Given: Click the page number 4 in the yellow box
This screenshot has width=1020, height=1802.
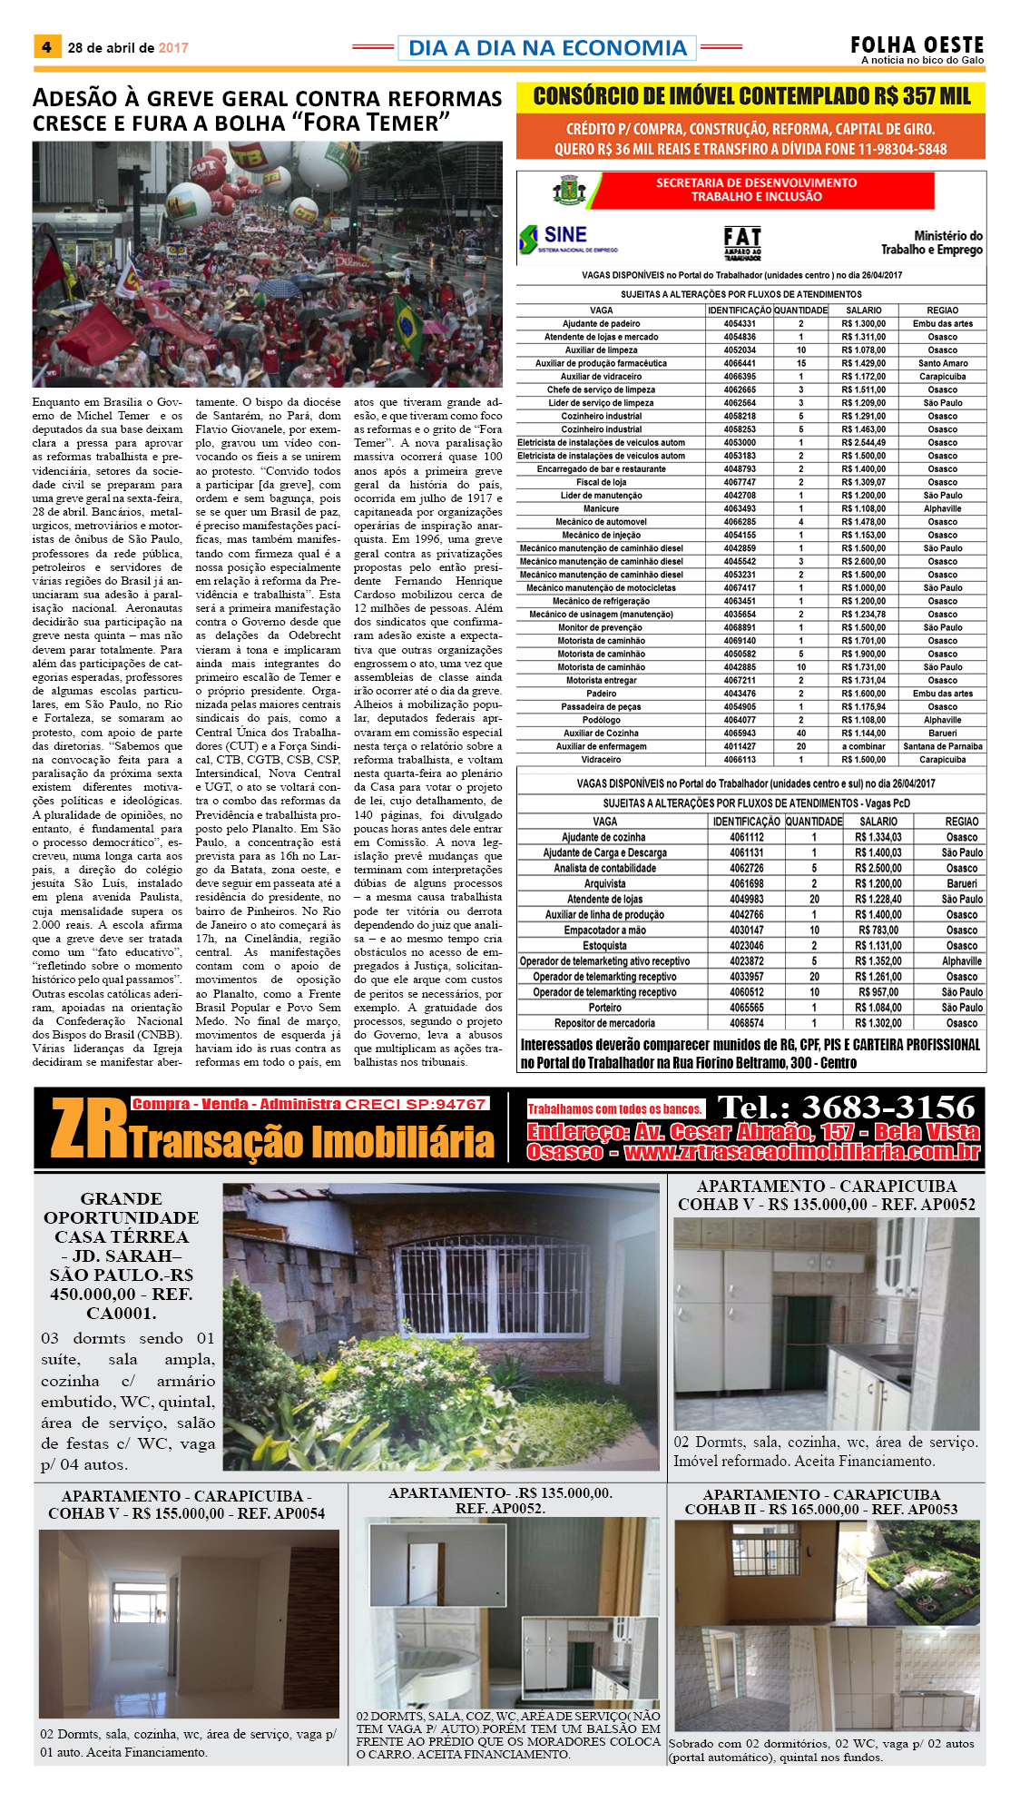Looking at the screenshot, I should click(46, 47).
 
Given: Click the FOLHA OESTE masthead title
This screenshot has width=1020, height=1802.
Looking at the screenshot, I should click(917, 44).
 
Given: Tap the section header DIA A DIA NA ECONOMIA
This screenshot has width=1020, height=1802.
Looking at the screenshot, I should click(547, 48).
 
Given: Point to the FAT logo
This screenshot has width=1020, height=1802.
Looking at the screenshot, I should click(742, 241).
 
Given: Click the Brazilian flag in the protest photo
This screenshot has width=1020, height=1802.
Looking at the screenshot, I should click(407, 325).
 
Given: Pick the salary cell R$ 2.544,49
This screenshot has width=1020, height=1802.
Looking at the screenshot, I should click(863, 443).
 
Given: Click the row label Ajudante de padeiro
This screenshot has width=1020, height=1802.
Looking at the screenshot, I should click(601, 324).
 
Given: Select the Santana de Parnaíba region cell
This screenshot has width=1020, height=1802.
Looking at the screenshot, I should click(942, 746).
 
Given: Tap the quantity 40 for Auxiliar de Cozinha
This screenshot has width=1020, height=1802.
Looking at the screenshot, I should click(800, 734).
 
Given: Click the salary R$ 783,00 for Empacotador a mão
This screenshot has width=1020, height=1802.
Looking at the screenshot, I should click(878, 931).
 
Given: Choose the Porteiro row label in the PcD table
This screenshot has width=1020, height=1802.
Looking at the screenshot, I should click(604, 1008).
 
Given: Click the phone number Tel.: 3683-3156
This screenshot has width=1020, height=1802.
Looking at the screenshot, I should click(846, 1107).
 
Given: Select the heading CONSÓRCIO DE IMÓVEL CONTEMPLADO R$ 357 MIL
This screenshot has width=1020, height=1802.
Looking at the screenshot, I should click(751, 96).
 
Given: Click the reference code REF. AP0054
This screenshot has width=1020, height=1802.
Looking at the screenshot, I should click(280, 1513).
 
